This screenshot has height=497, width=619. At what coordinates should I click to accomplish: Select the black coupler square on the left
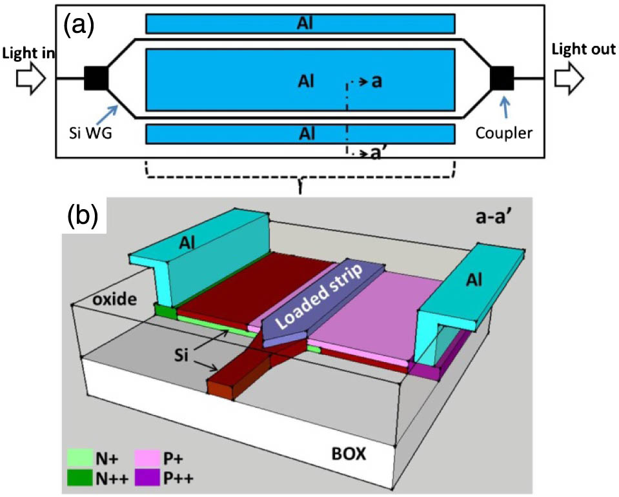coord(96,79)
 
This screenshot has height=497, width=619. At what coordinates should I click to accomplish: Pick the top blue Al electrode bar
coord(301,23)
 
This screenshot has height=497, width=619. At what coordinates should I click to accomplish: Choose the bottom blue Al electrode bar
coord(301,134)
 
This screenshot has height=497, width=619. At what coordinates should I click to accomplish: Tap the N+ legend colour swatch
coord(78,460)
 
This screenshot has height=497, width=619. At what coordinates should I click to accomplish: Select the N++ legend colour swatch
coord(78,478)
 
